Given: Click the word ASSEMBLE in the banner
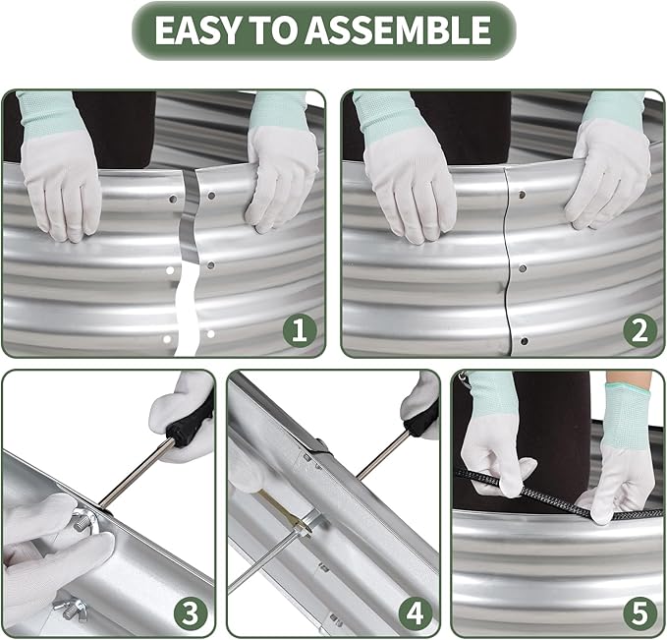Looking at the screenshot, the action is pos(398,29).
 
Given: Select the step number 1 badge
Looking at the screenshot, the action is pos(300,330).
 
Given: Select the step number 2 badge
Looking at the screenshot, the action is pos(640,330).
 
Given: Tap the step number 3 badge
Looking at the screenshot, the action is pos(191,614).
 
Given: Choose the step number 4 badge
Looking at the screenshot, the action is pos(416,614).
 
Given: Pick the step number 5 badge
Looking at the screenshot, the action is pos(639,614).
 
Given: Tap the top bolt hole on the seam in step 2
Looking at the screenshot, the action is pos(522,195).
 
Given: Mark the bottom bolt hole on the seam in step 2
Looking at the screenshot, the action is pos(525,341).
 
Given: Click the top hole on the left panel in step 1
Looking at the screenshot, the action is pos(173,199).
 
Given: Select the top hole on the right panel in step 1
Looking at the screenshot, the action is pos(211,196).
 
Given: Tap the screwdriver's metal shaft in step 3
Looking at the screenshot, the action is pos(137,474).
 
